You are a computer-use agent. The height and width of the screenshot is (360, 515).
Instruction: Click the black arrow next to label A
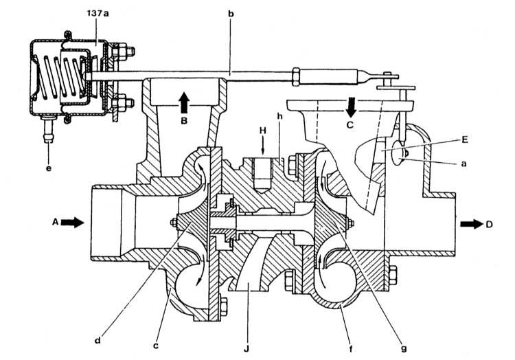(x=72, y=223)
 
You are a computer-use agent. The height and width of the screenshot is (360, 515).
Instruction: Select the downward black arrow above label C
(x=350, y=107)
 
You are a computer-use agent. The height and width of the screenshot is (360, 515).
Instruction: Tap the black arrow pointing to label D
(x=471, y=224)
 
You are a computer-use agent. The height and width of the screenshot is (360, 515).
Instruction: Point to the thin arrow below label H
(x=262, y=146)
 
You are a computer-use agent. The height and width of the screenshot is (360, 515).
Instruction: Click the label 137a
(x=98, y=13)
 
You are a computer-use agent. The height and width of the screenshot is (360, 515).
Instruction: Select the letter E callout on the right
(x=464, y=139)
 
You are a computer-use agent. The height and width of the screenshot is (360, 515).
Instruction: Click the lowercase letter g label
(x=404, y=348)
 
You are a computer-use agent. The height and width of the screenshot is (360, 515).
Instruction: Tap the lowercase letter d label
(x=98, y=340)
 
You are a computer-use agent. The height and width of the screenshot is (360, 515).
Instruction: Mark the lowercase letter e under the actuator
(x=49, y=168)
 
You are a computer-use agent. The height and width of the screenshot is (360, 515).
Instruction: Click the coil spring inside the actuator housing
(x=61, y=77)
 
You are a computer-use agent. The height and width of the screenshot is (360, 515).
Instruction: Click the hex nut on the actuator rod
(x=295, y=76)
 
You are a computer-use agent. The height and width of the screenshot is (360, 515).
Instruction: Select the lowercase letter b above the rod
(x=231, y=14)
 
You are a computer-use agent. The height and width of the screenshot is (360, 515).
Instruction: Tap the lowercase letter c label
(x=156, y=346)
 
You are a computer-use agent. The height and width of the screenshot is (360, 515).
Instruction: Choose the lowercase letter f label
(x=350, y=348)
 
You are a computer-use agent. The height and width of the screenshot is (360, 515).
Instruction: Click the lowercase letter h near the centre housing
(x=280, y=116)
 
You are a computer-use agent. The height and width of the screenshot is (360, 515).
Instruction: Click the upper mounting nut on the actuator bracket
(x=123, y=52)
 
